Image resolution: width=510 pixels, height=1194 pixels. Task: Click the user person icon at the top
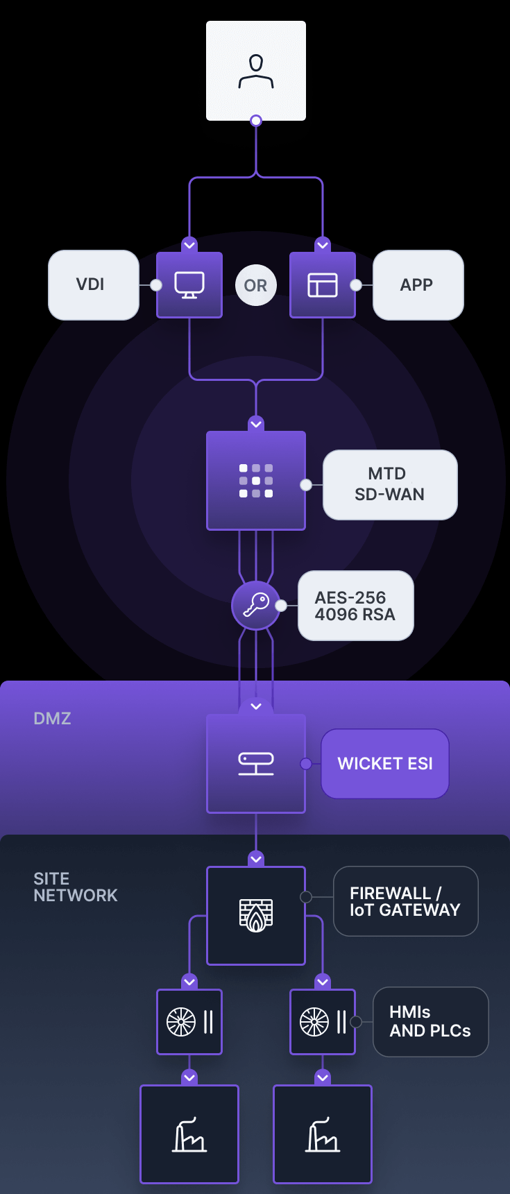256,71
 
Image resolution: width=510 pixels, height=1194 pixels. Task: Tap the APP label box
418,285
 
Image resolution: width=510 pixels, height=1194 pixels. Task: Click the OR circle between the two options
255,285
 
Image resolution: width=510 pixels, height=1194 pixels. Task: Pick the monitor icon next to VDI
189,285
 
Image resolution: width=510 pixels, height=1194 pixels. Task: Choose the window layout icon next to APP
323,285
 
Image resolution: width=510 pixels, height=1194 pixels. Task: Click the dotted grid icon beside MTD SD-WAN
256,481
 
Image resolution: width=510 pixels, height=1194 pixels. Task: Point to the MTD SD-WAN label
390,484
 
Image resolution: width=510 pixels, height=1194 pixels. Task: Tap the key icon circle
256,605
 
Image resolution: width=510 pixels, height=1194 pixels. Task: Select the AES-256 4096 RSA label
355,606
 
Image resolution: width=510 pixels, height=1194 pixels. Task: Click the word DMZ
52,719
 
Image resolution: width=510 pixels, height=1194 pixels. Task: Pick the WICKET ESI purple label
385,764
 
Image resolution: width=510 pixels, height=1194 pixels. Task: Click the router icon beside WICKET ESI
256,764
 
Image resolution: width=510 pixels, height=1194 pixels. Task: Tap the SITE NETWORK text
75,887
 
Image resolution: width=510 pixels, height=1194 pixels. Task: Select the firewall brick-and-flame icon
256,916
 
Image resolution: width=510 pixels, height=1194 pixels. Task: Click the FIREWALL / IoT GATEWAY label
405,901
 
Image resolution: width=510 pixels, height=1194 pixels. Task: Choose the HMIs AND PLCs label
430,1022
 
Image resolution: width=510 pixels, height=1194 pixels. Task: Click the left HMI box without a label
189,1022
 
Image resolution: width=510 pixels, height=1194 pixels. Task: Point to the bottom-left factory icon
189,1134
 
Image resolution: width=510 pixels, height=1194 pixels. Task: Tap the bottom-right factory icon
323,1134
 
